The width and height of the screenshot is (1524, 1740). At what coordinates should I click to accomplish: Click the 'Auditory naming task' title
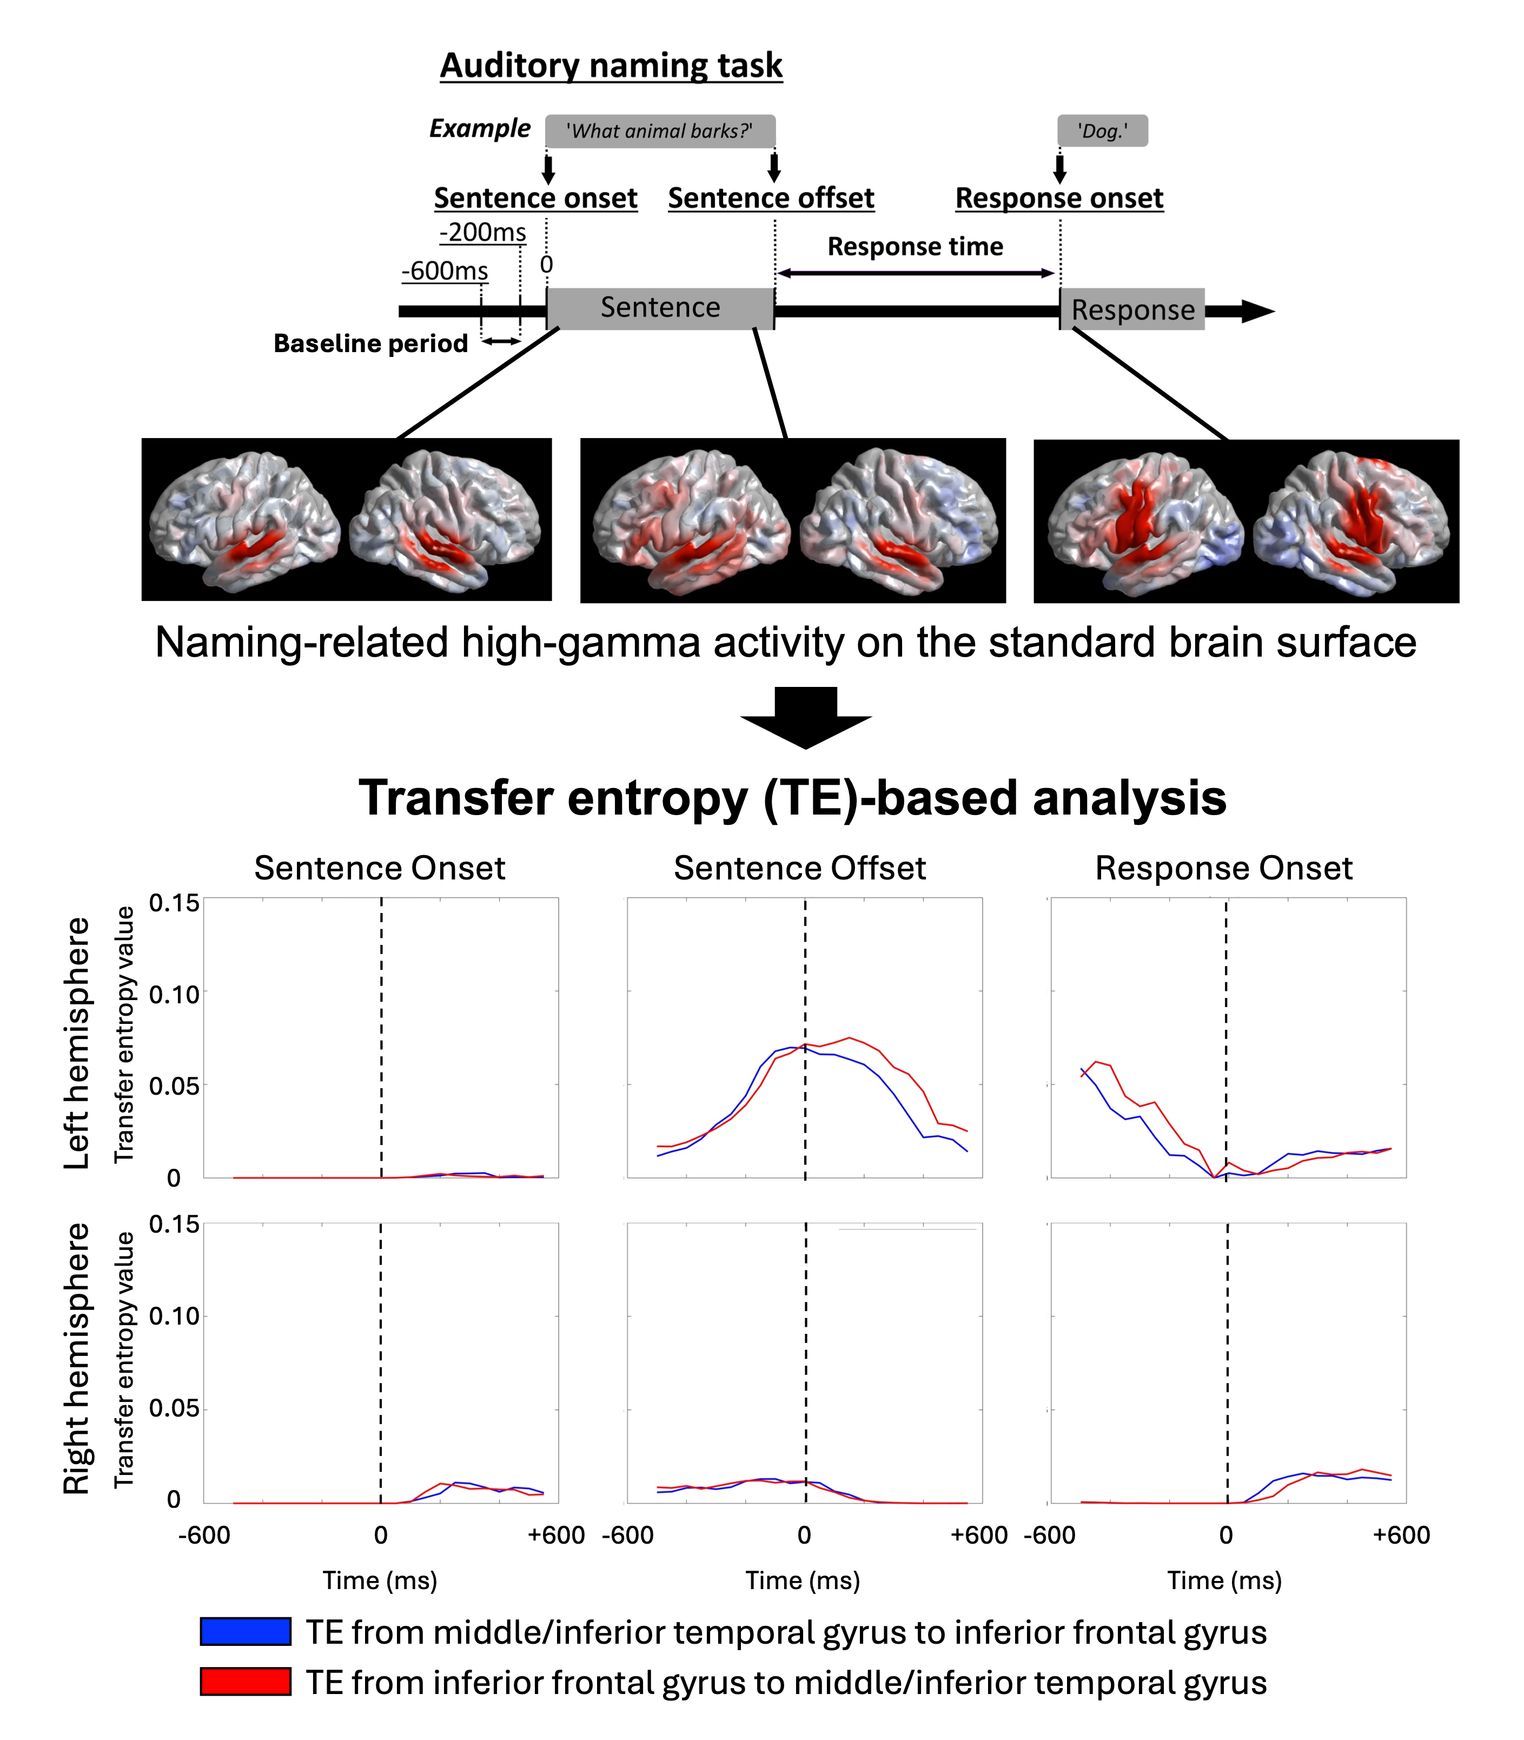click(x=611, y=65)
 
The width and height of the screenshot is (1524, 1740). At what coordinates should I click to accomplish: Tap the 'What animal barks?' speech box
click(x=660, y=131)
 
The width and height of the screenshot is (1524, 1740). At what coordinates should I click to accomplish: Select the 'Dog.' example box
click(x=1102, y=131)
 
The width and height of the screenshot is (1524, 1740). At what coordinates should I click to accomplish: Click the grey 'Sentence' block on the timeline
click(x=660, y=308)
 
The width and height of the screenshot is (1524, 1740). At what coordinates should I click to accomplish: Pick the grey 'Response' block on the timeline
click(x=1132, y=309)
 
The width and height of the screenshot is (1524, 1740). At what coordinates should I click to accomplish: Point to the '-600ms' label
click(x=445, y=272)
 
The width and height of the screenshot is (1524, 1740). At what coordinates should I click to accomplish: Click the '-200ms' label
click(x=482, y=232)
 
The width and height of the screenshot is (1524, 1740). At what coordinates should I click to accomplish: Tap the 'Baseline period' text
click(x=371, y=343)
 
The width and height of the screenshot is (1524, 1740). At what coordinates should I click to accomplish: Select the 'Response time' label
click(x=915, y=247)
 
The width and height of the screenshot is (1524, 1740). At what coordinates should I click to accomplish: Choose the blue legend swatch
click(x=246, y=1631)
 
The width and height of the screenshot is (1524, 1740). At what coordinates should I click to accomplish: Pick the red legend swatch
click(x=246, y=1682)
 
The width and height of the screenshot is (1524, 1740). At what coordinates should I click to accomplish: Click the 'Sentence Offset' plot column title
click(x=799, y=868)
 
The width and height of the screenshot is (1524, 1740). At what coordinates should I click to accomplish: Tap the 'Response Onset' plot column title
click(x=1223, y=868)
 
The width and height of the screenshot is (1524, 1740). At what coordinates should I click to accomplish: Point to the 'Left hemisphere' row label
click(x=77, y=1043)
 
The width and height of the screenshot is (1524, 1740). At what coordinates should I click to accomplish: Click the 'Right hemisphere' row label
click(x=77, y=1358)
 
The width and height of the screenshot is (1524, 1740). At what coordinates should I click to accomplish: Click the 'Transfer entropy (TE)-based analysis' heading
click(x=793, y=798)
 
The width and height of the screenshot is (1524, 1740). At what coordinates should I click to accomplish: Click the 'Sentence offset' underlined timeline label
click(x=771, y=198)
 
